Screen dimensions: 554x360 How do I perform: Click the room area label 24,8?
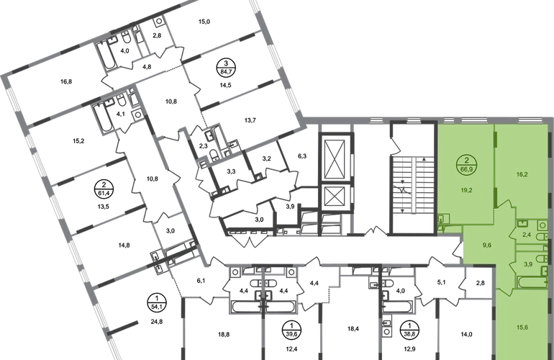[x=157, y=322]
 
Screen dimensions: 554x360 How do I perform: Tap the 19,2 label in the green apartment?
[x=466, y=190]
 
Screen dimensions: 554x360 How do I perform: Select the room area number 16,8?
[x=66, y=81]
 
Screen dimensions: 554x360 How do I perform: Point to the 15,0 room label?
[x=204, y=22]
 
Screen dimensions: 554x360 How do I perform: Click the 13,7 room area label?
[x=250, y=120]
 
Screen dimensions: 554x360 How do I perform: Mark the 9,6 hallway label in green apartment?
[x=487, y=245]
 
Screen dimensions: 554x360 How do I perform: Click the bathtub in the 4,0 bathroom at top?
[x=106, y=56]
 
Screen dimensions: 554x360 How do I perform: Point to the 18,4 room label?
[x=353, y=329]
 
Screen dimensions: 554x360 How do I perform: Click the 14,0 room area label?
[x=466, y=334]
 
